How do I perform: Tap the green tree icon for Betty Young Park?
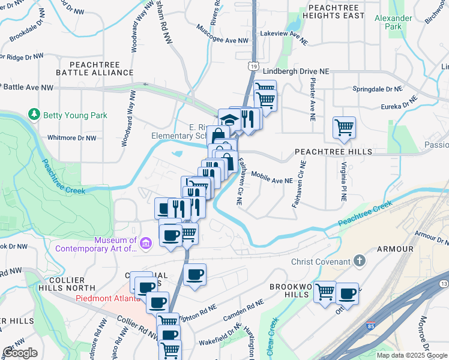coord(34,114)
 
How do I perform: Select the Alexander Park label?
coord(393,22)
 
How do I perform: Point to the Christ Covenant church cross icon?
coord(359,261)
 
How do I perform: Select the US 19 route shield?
coord(255,66)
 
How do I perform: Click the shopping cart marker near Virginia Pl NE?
coord(344,127)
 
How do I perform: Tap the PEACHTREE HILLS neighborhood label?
coord(333,152)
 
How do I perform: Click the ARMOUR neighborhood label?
coord(395,248)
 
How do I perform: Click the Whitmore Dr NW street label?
coord(71,137)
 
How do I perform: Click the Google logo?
coord(20,353)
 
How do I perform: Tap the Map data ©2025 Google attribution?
coord(411,355)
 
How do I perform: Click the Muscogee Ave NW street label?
coord(222,41)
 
